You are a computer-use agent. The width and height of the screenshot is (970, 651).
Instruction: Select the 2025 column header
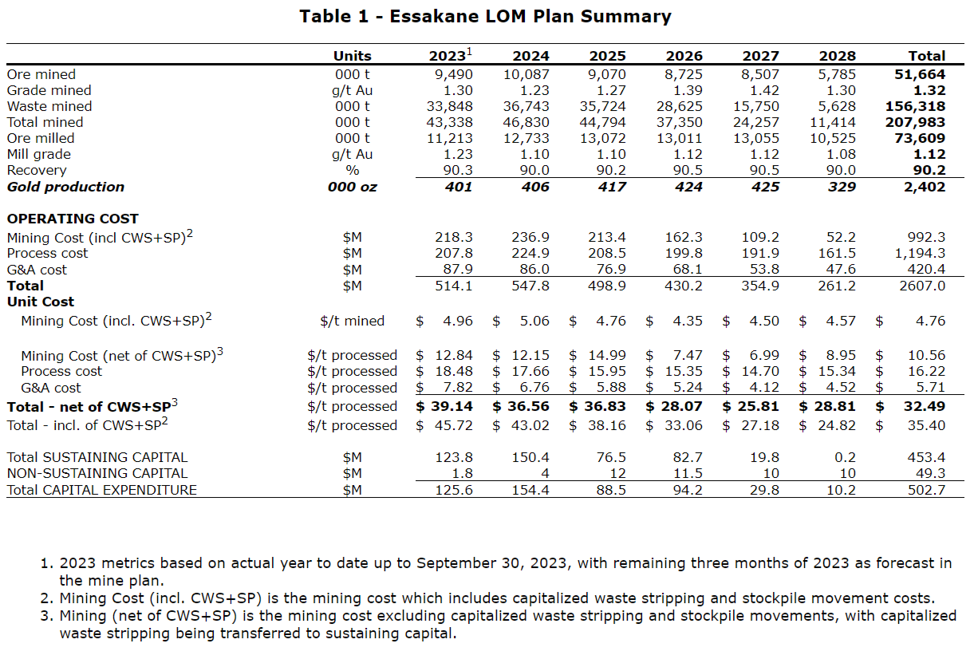pos(607,56)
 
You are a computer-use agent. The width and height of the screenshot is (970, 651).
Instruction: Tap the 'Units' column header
pos(352,56)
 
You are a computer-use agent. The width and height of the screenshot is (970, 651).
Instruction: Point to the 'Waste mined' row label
pos(49,106)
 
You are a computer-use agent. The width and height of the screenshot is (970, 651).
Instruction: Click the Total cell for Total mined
pos(915,122)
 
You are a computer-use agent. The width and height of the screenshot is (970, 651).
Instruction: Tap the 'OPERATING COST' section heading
pos(73,219)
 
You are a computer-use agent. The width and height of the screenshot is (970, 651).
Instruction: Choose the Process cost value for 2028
pos(838,253)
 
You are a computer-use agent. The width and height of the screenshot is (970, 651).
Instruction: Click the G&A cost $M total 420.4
pos(925,270)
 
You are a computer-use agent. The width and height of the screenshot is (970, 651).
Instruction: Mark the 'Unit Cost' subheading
pos(41,302)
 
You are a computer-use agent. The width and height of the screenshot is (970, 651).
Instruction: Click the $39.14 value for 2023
pos(444,406)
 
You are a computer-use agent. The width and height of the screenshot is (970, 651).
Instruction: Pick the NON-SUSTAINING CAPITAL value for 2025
pos(617,473)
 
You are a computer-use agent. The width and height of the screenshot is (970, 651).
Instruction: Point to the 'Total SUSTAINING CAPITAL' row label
pos(97,457)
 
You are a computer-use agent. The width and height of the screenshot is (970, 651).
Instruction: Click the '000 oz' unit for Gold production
pos(352,187)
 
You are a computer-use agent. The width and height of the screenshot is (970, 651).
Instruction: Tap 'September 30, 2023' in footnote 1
pos(493,563)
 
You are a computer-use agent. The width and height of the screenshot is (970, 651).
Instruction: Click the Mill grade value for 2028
pos(840,154)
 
